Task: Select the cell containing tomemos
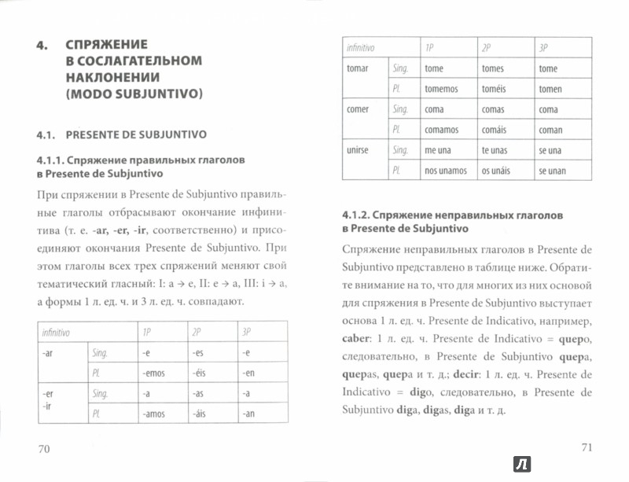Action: coord(441,89)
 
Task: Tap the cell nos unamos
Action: coord(445,171)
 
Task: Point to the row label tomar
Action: coord(358,68)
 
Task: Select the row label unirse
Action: coord(359,149)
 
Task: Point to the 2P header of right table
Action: coord(487,48)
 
